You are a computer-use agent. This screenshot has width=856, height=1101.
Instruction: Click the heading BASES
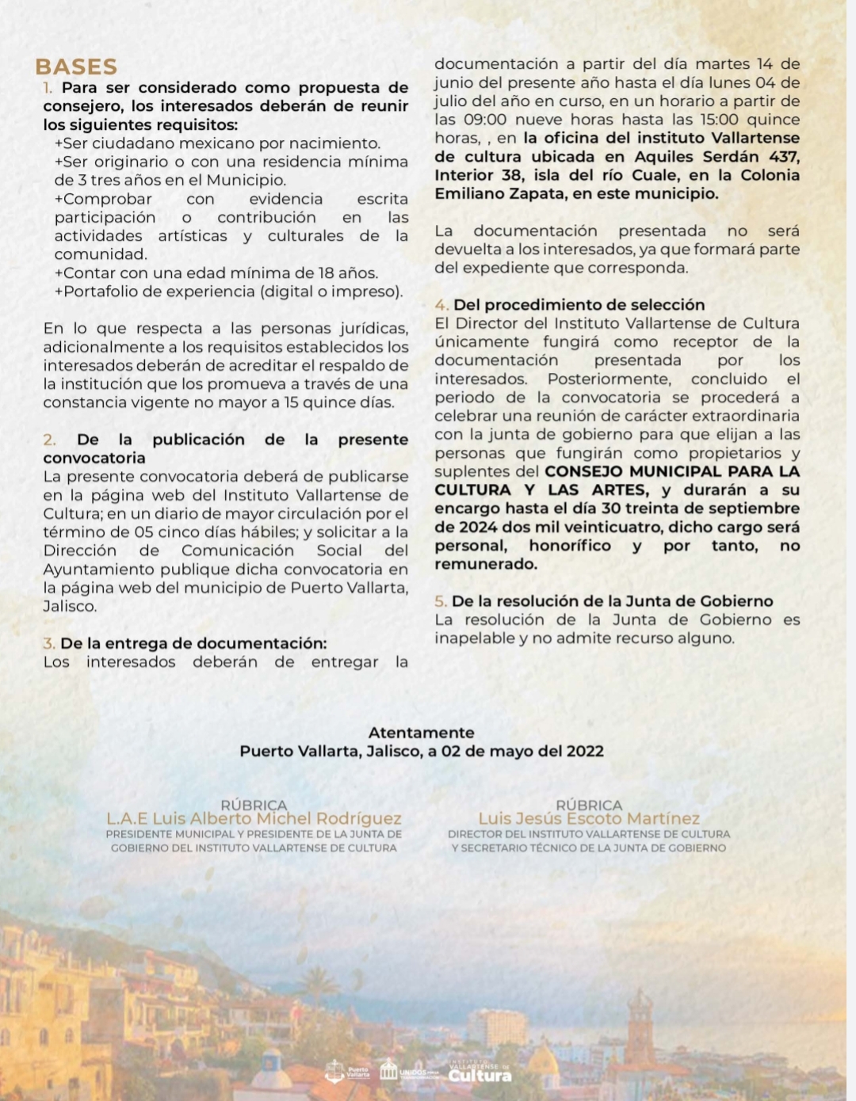tap(76, 67)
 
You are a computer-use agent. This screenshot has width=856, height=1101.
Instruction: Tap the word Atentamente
tap(421, 733)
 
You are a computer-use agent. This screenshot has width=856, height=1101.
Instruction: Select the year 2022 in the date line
tap(584, 751)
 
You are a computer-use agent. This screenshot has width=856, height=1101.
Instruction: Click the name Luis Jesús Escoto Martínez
tap(589, 818)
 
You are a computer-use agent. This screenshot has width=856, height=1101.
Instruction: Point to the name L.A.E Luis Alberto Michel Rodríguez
tap(254, 818)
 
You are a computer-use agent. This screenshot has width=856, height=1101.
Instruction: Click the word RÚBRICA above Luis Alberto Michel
tap(254, 805)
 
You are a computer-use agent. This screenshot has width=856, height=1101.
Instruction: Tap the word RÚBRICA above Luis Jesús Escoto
tap(589, 805)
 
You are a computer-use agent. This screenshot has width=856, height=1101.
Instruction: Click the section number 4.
tap(441, 305)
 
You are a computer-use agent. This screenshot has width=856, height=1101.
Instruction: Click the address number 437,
tap(783, 157)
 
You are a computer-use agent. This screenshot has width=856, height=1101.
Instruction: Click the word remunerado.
tap(485, 564)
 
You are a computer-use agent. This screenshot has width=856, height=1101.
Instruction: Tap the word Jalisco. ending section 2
tap(70, 607)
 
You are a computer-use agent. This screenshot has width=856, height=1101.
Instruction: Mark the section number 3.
tap(48, 643)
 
